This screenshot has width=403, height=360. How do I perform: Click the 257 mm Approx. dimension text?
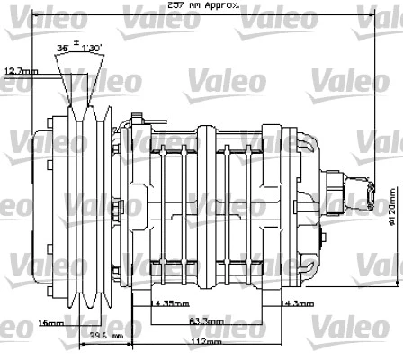201,5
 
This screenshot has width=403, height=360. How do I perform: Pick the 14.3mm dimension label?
297,304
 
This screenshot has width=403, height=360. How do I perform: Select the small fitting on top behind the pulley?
136,119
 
